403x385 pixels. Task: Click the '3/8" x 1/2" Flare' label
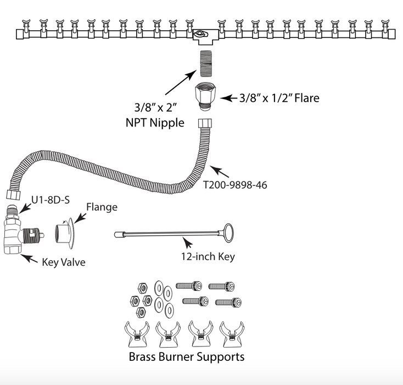pos(279,98)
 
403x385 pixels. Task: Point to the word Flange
pos(102,207)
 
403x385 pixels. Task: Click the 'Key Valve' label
pos(64,262)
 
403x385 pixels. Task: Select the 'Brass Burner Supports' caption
pos(187,356)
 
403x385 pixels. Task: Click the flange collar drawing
pos(65,236)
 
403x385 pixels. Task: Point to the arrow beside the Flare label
pos(227,98)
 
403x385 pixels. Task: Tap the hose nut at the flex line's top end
pos(204,122)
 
